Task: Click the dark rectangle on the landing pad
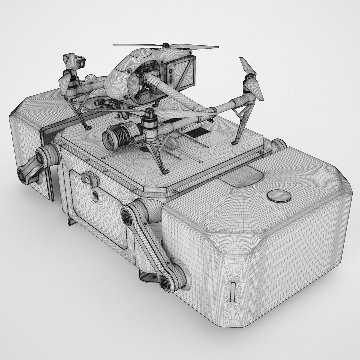tap(196, 133)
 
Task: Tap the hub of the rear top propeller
tap(165, 46)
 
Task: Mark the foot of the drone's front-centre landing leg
tap(164, 172)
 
